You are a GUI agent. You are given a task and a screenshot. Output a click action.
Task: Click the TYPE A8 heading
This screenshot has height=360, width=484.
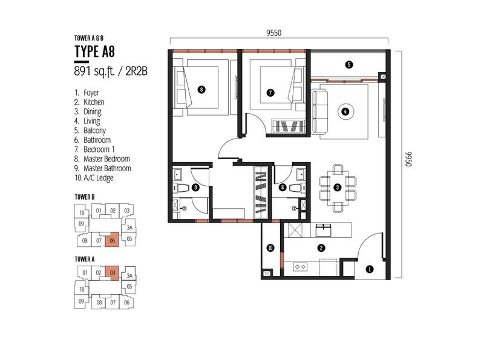point(94,51)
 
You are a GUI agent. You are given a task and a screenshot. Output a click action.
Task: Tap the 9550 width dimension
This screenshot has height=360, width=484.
point(274,33)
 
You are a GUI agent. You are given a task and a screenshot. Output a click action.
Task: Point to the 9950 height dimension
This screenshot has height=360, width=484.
point(408,159)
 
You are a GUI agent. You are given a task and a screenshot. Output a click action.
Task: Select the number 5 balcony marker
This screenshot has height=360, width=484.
point(349,65)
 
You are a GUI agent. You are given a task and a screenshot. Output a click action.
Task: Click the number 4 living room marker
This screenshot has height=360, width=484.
point(345,111)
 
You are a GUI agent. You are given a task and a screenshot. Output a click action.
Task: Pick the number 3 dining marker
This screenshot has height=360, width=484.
point(338,188)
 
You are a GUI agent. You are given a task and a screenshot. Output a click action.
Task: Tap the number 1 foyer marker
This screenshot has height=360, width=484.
point(370,269)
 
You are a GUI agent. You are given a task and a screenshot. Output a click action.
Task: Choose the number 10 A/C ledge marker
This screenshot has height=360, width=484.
point(270,248)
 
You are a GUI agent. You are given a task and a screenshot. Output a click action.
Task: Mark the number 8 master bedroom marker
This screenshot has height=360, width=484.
point(201,90)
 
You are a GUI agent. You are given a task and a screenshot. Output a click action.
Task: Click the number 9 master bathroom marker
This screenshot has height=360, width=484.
point(195,188)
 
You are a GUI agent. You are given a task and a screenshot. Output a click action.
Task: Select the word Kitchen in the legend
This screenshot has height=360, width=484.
point(94,102)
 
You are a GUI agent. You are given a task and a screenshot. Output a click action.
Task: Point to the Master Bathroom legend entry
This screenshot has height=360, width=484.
point(107,169)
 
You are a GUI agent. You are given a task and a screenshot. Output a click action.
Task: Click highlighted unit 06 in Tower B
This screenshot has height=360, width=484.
point(112,240)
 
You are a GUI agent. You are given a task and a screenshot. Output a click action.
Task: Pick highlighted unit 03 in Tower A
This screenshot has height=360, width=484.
point(112,273)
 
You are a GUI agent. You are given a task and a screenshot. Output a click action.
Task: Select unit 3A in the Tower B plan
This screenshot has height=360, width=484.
point(129,228)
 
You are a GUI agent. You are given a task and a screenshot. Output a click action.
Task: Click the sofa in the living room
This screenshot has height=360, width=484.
point(320,111)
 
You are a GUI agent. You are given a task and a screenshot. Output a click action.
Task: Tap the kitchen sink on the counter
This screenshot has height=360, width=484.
point(324,231)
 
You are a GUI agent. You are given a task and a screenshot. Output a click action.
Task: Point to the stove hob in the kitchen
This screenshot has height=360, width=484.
point(299,266)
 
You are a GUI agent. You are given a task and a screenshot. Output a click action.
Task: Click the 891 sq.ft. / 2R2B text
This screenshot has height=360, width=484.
point(111,71)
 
